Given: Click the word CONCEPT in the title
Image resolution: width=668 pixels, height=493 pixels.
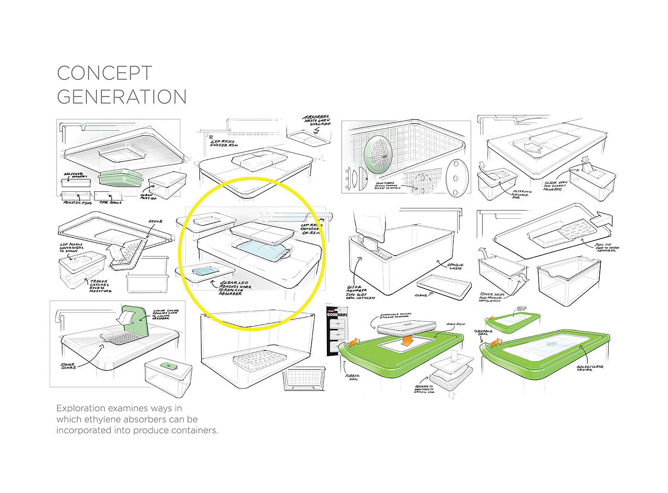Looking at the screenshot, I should (x=104, y=73).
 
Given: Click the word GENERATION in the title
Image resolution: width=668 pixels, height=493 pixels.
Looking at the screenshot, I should (x=122, y=97).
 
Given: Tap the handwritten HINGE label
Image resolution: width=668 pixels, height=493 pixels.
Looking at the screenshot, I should (x=155, y=222).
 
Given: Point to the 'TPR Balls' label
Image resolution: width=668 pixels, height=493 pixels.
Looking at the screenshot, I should (x=110, y=203).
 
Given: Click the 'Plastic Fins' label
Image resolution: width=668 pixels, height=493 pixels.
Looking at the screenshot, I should (x=77, y=203).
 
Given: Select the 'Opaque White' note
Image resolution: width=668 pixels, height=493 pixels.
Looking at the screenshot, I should (x=455, y=267).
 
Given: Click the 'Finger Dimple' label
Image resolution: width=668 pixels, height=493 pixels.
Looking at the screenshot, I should (x=68, y=366).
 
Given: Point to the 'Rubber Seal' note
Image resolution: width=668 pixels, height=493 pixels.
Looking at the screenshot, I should (x=353, y=377).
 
